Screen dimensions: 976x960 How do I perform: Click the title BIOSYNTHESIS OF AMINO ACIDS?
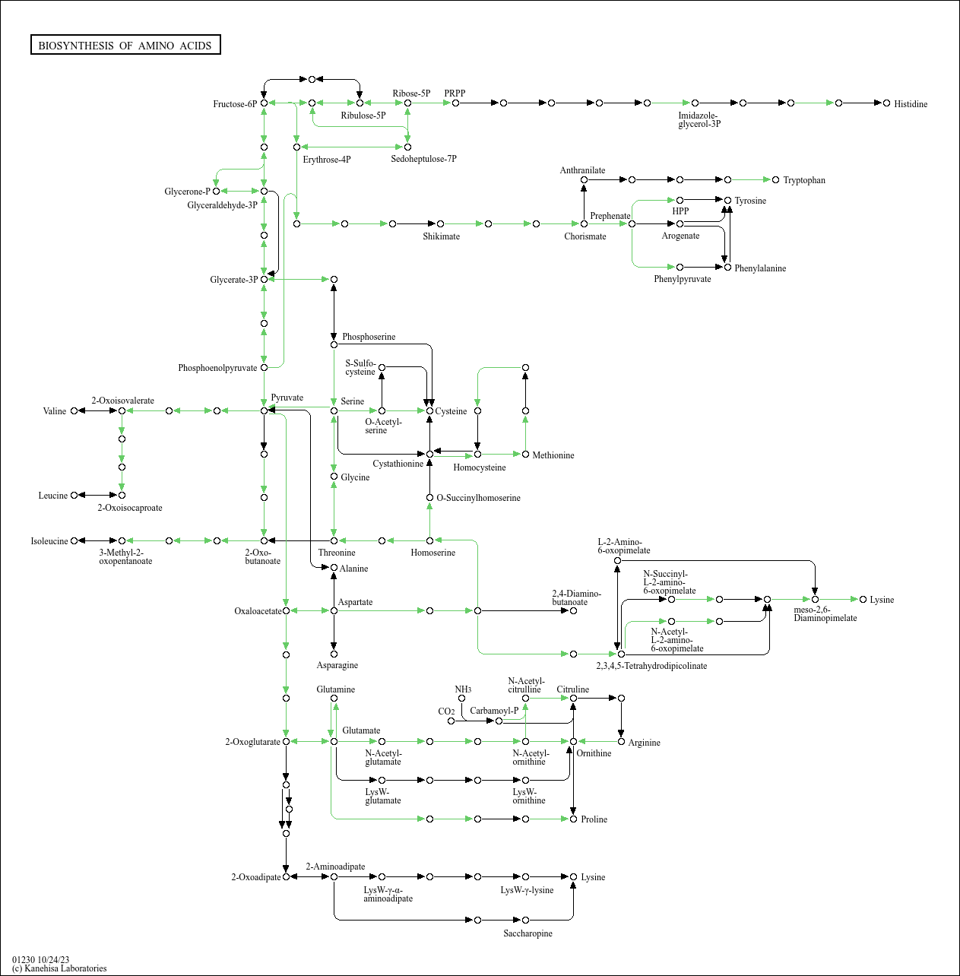coord(125,46)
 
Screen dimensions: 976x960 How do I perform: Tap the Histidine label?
coord(911,104)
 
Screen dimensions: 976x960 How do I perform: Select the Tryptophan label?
coord(804,180)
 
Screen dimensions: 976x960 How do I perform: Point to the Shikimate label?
coord(442,236)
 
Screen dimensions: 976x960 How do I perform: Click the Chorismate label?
coord(585,236)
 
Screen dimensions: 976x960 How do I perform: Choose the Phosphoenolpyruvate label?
coord(217,368)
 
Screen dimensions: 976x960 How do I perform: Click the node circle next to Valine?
coord(74,411)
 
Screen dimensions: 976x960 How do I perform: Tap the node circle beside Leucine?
coord(74,496)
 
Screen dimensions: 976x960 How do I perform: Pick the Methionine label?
coord(553,455)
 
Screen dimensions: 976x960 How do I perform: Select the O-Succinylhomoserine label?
coord(479,498)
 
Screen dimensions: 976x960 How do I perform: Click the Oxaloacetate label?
coord(258,611)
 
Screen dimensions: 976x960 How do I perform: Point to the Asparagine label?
coord(337,665)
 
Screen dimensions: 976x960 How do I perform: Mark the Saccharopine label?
coord(528,933)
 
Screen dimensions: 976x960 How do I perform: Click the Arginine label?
coord(645,743)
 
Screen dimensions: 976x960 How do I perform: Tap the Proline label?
coord(594,819)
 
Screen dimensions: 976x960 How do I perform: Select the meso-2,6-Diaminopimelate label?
coord(825,614)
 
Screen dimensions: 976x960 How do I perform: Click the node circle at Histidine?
coord(886,103)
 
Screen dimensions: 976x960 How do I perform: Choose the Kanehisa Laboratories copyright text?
coord(59,968)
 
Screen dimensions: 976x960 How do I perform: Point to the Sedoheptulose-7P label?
coord(424,159)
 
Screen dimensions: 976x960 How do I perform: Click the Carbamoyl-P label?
coord(494,711)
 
